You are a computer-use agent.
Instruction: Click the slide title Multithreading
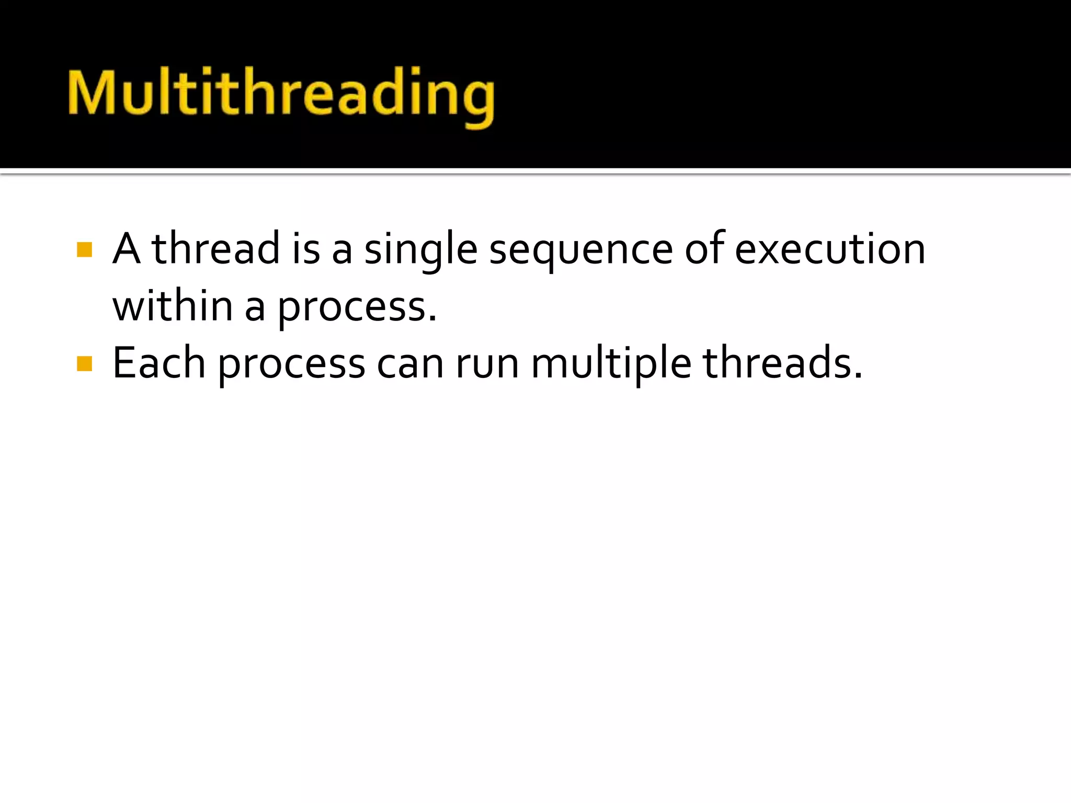pyautogui.click(x=281, y=94)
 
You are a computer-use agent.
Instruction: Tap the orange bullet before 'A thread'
pyautogui.click(x=84, y=249)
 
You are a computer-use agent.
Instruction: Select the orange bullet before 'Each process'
pyautogui.click(x=84, y=363)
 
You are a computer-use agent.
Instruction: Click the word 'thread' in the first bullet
pyautogui.click(x=215, y=249)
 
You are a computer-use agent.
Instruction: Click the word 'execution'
pyautogui.click(x=830, y=249)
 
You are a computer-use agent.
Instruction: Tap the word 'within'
pyautogui.click(x=173, y=306)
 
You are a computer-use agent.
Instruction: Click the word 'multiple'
pyautogui.click(x=611, y=364)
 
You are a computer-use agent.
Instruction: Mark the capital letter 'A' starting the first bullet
pyautogui.click(x=127, y=249)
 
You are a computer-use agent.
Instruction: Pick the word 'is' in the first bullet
pyautogui.click(x=305, y=249)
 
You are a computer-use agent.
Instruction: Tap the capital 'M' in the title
pyautogui.click(x=92, y=92)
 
